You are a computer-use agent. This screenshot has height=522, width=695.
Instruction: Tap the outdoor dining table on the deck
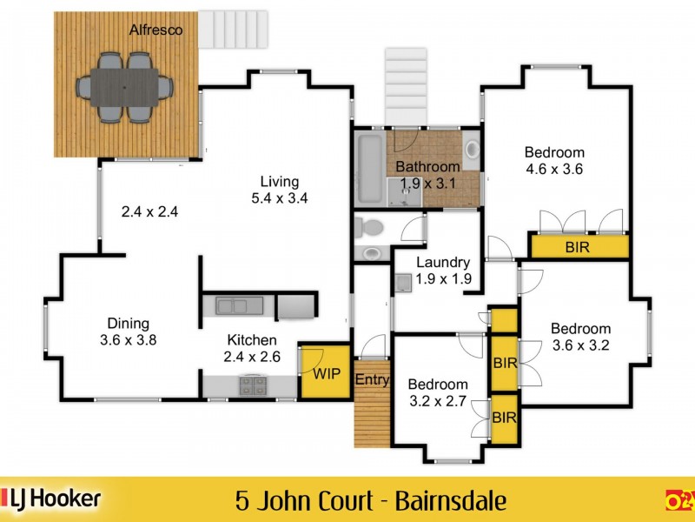125,87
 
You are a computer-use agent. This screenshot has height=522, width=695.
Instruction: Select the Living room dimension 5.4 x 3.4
280,197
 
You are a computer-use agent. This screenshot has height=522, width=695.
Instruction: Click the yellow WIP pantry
325,373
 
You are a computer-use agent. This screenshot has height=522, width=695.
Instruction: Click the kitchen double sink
233,305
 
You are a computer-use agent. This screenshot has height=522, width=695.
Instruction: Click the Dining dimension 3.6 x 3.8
129,340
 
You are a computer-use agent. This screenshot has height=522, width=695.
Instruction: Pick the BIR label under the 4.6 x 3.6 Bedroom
579,247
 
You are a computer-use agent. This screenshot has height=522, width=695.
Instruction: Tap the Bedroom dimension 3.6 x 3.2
580,345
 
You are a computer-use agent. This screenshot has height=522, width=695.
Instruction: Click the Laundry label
442,262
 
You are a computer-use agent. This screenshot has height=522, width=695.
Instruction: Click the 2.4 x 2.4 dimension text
149,211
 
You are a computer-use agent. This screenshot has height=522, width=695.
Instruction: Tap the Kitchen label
252,340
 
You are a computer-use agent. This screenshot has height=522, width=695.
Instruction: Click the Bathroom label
427,166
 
